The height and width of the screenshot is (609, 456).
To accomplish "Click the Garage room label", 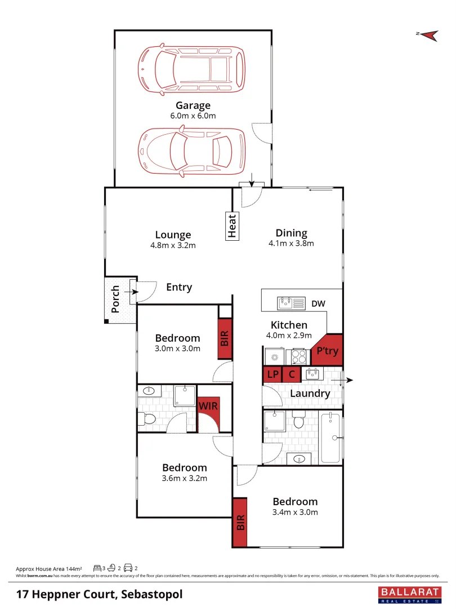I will coord(193,105).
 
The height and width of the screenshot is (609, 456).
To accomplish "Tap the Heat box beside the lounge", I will coord(232,226).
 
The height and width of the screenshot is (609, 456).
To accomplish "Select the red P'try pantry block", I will coord(327,350).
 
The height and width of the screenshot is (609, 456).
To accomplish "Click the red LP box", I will coord(272,374).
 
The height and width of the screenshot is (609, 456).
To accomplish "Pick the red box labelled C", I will coord(292,374).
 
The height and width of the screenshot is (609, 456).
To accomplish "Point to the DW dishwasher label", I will coord(318,304).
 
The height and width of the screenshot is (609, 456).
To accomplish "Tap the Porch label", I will coord(115,299).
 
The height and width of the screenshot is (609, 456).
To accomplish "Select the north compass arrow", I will coord(430,35).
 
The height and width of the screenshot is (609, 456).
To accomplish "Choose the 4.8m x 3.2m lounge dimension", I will coord(173,245).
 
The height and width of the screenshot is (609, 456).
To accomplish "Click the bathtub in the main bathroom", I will coord(330,438).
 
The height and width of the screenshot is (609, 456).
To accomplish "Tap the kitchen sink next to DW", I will coord(290,303).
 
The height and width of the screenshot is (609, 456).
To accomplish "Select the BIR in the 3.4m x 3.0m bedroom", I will coord(240,522).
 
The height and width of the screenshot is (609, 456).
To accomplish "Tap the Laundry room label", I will coord(310,394).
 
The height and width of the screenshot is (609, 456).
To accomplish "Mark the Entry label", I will coord(179,288).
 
